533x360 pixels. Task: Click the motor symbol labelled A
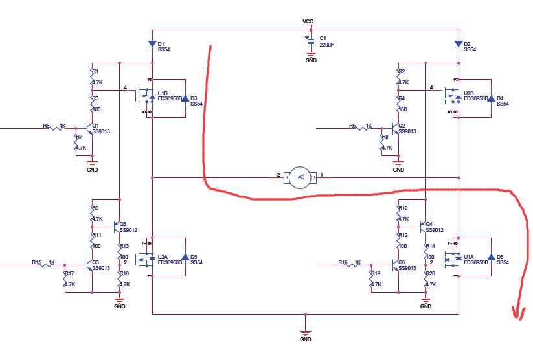click(x=299, y=177)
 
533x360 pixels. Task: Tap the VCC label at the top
click(x=308, y=21)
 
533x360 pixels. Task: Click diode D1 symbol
click(x=152, y=45)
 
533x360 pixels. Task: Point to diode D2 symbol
click(x=459, y=45)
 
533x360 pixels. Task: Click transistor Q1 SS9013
click(x=89, y=127)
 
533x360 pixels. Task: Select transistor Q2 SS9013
click(x=396, y=127)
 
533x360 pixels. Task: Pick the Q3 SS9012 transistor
click(x=117, y=227)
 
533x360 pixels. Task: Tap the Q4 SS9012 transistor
click(x=424, y=227)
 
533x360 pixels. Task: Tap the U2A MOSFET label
click(x=163, y=257)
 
